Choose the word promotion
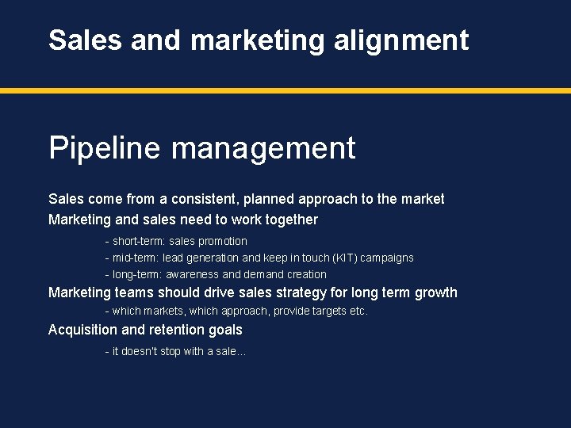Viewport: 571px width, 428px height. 223,241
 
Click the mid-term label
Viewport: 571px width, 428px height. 135,258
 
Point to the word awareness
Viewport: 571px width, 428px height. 191,274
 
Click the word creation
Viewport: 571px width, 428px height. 307,274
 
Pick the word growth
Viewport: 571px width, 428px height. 435,292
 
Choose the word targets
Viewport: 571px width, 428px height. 324,311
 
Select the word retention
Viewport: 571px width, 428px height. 179,330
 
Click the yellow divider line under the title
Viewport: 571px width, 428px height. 285,91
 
